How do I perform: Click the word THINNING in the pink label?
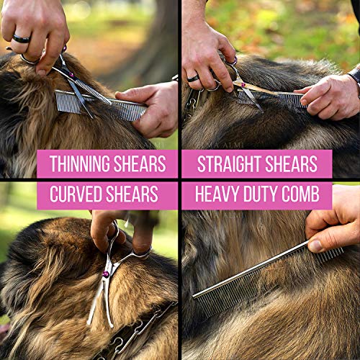point(78,164)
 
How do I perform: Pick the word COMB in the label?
point(312,195)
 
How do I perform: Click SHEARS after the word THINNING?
point(138,164)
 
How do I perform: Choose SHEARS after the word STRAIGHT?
point(295,164)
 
